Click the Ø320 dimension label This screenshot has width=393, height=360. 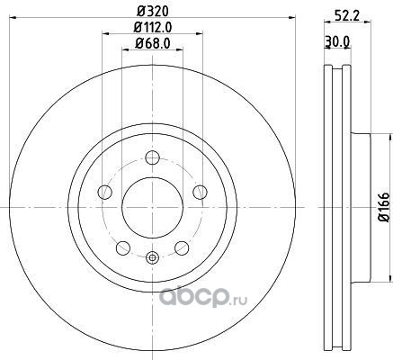(x=153, y=12)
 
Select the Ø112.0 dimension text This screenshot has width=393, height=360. (x=153, y=28)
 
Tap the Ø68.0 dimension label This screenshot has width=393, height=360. (x=153, y=44)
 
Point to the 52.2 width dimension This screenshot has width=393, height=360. (x=347, y=15)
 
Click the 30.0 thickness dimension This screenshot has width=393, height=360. (x=337, y=41)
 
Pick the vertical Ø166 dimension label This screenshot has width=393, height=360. (x=383, y=207)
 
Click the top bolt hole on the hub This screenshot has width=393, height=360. (x=153, y=157)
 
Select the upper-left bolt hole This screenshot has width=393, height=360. (x=105, y=192)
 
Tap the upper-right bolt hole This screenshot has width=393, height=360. (x=200, y=192)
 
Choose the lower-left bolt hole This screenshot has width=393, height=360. (x=123, y=248)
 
